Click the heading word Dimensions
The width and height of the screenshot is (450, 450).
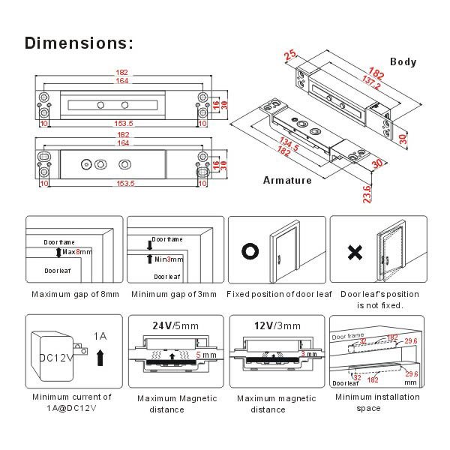[79, 42]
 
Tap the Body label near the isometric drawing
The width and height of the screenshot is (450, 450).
[403, 62]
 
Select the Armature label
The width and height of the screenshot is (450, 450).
[287, 180]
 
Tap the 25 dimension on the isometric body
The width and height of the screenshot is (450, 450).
[291, 55]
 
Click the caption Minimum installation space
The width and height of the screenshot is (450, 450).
[377, 402]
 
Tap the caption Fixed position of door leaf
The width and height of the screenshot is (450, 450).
[278, 294]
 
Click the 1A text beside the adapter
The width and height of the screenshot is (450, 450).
[102, 336]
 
